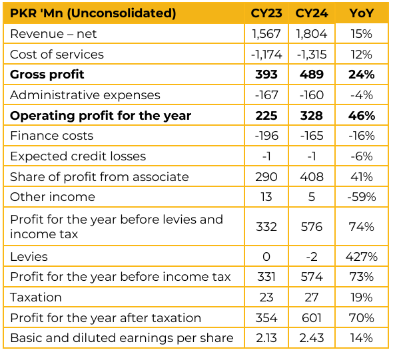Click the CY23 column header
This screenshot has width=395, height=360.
tap(266, 13)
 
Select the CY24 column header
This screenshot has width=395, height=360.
tap(312, 13)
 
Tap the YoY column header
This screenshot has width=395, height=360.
tap(362, 13)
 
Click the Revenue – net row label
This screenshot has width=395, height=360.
tap(53, 34)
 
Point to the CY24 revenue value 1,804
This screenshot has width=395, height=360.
tap(312, 34)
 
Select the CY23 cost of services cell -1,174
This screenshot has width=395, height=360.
tap(266, 55)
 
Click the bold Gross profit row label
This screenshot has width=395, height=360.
tap(47, 75)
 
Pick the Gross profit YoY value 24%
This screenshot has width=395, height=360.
tap(362, 75)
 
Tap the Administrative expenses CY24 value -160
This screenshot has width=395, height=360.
tap(312, 95)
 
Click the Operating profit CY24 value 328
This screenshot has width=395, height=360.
tap(312, 116)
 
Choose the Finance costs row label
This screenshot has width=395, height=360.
tap(52, 136)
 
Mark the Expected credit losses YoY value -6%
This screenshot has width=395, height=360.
tap(362, 156)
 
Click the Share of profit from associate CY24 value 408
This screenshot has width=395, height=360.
tap(312, 177)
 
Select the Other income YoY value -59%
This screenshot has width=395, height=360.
tap(362, 197)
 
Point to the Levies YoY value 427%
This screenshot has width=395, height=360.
tap(362, 257)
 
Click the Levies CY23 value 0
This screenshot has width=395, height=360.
tap(266, 257)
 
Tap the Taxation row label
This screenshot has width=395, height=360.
tap(36, 297)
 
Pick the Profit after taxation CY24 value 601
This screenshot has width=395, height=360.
tap(312, 318)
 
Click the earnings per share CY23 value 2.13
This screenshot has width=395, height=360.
tap(266, 338)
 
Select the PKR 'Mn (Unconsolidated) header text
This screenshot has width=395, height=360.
tap(93, 13)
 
